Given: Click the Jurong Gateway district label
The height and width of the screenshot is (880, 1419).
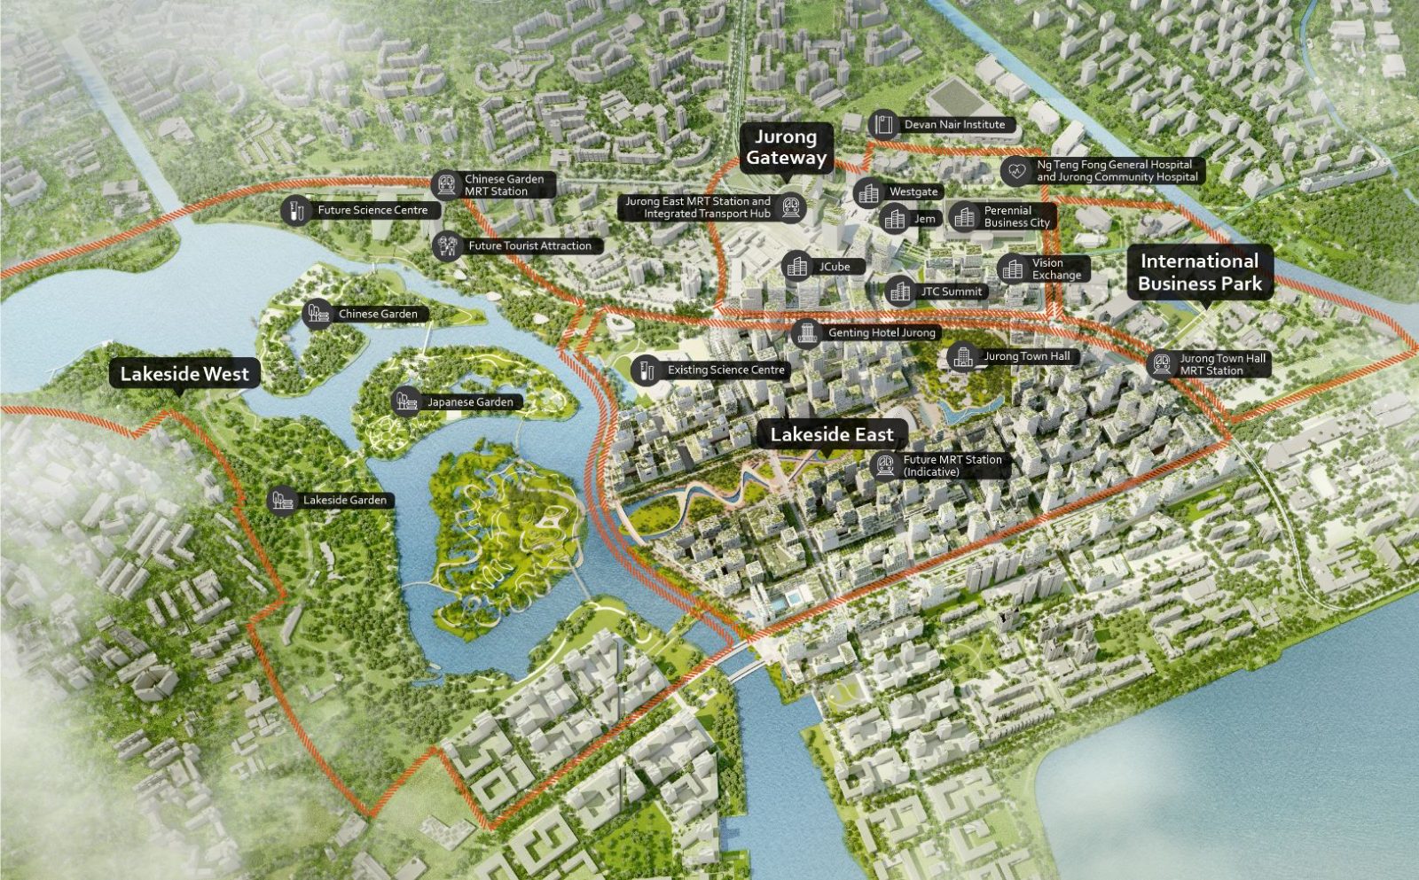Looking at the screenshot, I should (x=786, y=148).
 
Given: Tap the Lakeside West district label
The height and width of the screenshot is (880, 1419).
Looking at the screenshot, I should (x=184, y=374).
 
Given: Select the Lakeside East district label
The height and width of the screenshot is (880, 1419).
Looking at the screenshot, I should (x=831, y=434).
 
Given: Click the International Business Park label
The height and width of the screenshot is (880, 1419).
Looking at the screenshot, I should (x=1200, y=273).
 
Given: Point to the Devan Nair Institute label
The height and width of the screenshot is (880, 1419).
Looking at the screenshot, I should (x=954, y=125).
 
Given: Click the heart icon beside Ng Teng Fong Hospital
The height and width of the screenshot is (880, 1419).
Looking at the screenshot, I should (x=1016, y=170).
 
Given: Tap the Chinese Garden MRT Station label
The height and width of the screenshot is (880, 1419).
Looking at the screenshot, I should (x=504, y=185).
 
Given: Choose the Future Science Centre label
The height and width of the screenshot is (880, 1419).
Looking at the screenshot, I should (x=372, y=210).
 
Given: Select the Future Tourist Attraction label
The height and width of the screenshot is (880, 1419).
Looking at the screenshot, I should (x=529, y=245).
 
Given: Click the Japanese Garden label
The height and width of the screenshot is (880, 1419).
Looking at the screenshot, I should (x=469, y=402).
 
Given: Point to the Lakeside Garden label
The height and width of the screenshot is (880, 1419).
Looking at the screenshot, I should (x=344, y=500).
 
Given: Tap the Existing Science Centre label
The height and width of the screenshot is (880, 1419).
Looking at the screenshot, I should (x=725, y=370).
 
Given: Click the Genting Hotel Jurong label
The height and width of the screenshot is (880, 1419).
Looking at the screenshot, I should (x=881, y=332).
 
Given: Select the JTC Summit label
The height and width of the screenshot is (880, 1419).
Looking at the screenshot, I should (x=950, y=291).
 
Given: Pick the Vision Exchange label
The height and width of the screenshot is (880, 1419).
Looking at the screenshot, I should (x=1055, y=269).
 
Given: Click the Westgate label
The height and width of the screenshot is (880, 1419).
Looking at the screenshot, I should (x=913, y=191).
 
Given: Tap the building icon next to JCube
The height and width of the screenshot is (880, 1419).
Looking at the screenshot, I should (x=796, y=266).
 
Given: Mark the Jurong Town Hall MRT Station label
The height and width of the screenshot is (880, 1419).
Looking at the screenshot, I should (x=1222, y=364).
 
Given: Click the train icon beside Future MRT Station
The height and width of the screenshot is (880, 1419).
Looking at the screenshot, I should (x=884, y=465).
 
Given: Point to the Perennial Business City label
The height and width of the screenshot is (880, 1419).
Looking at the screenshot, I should (x=1015, y=216).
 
